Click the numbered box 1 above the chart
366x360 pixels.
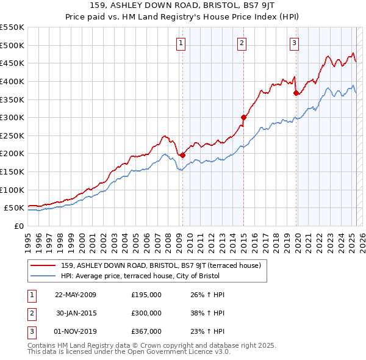pyautogui.click(x=182, y=43)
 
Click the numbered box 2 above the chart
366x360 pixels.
pyautogui.click(x=242, y=43)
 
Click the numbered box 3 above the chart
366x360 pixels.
pyautogui.click(x=294, y=43)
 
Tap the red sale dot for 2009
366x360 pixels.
pyautogui.click(x=182, y=155)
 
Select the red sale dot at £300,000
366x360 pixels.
pyautogui.click(x=243, y=117)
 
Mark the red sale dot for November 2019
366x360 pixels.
pyautogui.click(x=296, y=93)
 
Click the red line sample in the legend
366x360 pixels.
pyautogui.click(x=43, y=265)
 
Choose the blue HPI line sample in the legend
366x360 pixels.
pyautogui.click(x=43, y=276)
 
